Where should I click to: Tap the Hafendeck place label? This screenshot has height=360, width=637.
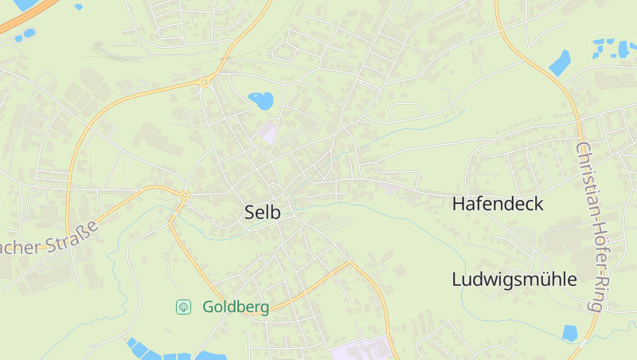click(498, 204)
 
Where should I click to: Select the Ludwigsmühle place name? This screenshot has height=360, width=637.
click(514, 280)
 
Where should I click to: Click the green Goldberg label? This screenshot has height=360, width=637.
click(236, 307)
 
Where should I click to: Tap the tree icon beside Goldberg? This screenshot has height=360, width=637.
click(183, 307)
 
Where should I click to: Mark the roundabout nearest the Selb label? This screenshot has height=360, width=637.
click(185, 194)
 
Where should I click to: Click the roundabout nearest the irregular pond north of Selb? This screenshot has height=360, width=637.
click(205, 81)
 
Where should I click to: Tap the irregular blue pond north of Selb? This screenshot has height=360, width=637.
click(260, 100)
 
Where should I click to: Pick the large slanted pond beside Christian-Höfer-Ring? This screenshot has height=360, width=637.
click(560, 63)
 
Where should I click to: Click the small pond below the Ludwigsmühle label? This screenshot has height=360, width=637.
click(570, 333)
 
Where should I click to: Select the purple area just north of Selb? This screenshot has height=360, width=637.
click(269, 132)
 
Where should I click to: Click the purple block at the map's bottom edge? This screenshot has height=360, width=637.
click(362, 350)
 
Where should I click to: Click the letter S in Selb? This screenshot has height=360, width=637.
click(250, 213)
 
